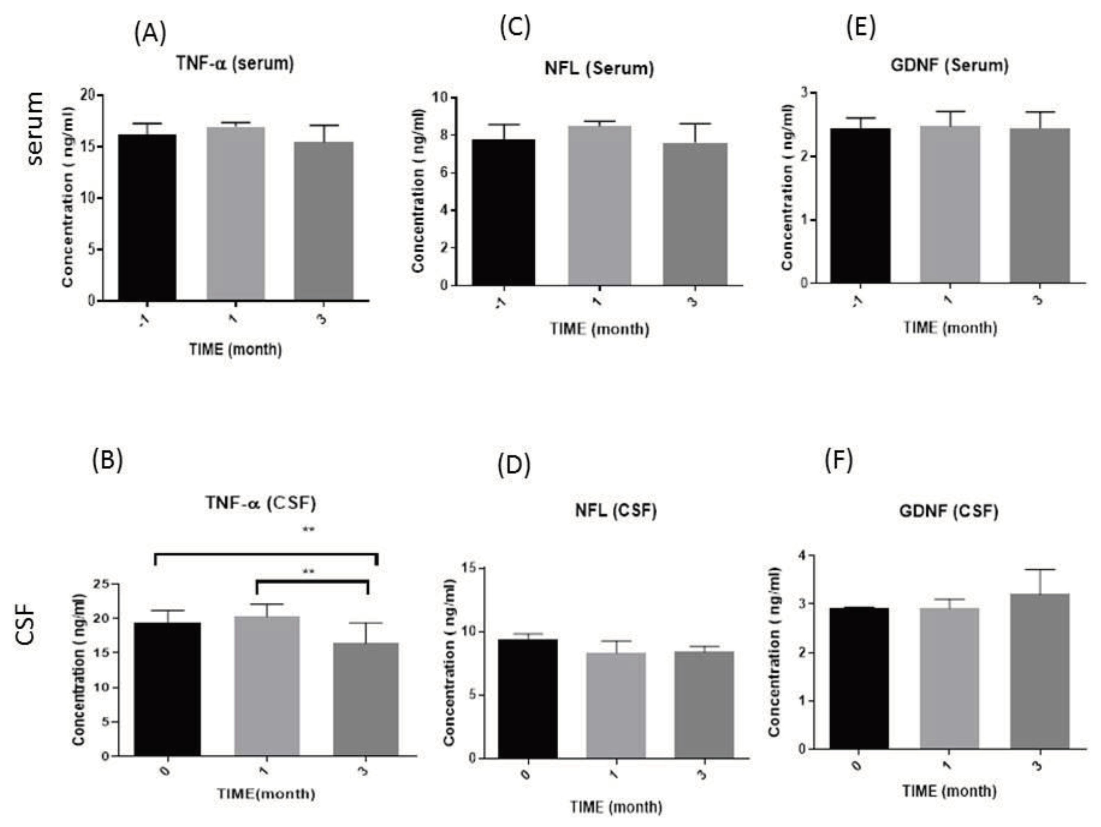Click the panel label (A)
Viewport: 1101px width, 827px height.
coord(150,34)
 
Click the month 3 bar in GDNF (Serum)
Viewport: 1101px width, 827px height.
coord(1039,205)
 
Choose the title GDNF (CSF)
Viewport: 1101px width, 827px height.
coord(949,512)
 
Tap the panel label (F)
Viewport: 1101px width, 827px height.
coord(839,461)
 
